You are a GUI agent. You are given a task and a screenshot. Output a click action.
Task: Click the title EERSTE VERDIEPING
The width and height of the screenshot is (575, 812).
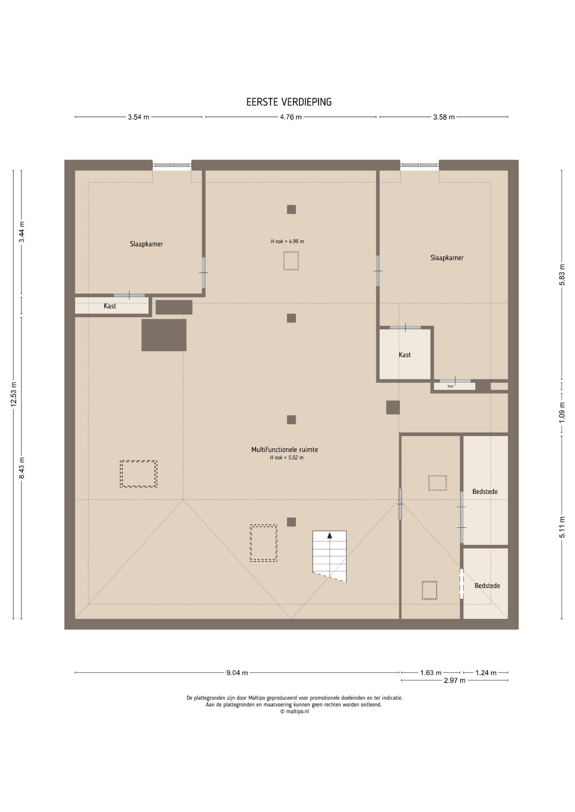pos(289,102)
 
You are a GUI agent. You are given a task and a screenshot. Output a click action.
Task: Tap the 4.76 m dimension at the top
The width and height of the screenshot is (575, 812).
pos(291,117)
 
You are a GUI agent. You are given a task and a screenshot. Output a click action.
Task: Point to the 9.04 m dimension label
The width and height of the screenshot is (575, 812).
pos(237,673)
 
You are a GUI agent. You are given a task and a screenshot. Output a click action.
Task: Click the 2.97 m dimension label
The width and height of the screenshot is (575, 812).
pos(454,680)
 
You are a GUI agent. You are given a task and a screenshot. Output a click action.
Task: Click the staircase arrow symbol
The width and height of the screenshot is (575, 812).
pos(329,535)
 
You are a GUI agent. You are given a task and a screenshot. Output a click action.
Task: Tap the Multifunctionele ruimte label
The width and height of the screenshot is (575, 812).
pos(285,450)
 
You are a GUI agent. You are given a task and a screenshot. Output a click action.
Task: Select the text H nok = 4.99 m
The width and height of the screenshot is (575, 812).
pos(287,241)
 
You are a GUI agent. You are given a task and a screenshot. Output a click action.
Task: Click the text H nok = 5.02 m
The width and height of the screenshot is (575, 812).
pos(287,457)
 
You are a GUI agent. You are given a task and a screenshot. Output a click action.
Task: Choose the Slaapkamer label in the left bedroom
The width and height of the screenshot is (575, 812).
pos(147,244)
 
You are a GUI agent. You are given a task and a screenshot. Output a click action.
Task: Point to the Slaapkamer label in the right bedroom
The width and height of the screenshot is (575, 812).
pos(447,258)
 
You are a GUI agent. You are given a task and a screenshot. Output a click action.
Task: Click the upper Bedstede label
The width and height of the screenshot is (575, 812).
pos(485,492)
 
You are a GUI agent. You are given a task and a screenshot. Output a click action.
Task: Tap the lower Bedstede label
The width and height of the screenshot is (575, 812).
pos(487,586)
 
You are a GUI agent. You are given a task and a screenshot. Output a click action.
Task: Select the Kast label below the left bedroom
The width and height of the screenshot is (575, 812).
pos(110,306)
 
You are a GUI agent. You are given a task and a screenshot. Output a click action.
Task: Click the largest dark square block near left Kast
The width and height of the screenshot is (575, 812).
pos(164,335)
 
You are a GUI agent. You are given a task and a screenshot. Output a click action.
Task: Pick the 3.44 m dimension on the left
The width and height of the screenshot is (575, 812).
pos(22,232)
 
